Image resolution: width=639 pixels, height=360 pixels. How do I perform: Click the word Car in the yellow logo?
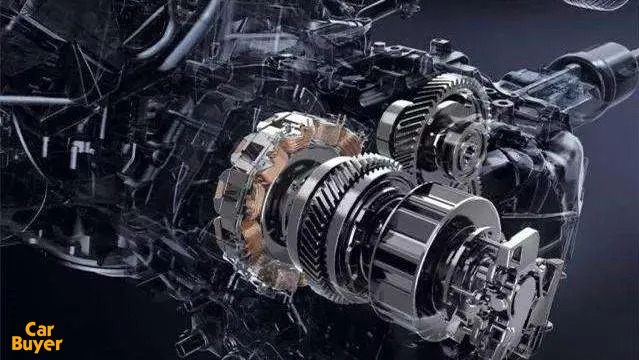pyautogui.click(x=40, y=329)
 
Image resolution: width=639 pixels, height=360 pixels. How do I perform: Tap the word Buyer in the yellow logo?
pyautogui.click(x=37, y=344)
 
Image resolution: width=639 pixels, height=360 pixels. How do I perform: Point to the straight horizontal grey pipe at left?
pyautogui.click(x=37, y=100)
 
